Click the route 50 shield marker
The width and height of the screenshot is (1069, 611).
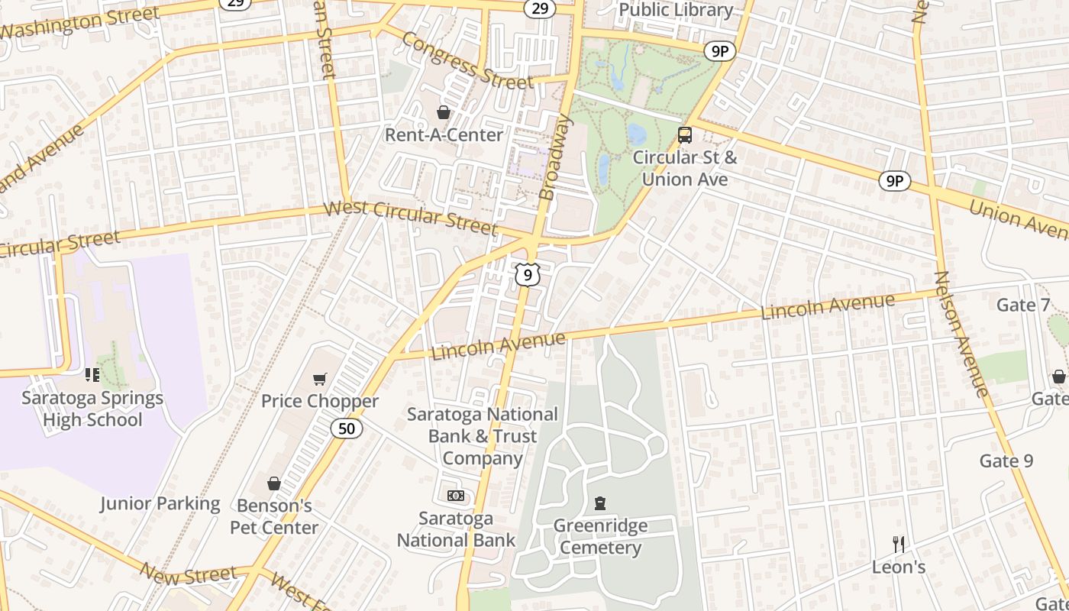tap(347, 428)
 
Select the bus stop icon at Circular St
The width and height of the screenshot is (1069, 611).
tap(685, 135)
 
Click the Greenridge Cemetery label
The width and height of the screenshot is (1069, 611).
tap(600, 537)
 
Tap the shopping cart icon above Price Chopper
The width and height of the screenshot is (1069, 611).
tap(320, 379)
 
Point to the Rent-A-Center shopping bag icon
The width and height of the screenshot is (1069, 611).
tap(443, 113)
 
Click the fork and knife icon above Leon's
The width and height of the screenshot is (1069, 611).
tap(899, 545)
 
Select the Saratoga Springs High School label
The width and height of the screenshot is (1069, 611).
tap(92, 409)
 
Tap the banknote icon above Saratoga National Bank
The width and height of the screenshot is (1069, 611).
tap(456, 496)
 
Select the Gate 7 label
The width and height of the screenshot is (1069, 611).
tap(1023, 305)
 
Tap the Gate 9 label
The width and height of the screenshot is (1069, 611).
tap(1006, 461)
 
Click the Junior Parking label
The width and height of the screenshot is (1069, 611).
tap(160, 504)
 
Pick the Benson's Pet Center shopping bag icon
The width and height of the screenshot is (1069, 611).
tap(274, 483)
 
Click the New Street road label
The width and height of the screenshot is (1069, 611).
tap(188, 574)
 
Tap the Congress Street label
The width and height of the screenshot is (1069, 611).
tap(467, 60)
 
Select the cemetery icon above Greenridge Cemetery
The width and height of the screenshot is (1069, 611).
tap(600, 503)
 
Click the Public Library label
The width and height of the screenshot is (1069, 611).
tap(676, 10)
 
